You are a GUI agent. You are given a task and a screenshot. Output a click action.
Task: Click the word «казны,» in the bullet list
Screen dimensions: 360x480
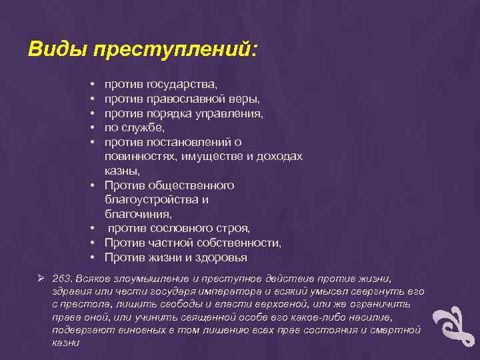point(120,171)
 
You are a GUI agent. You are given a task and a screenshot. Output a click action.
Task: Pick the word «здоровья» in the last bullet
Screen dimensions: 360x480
point(221,257)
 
